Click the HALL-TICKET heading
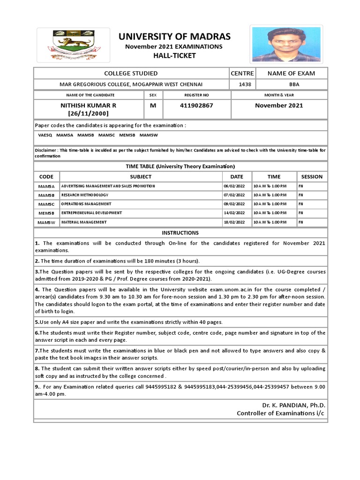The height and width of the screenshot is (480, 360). pos(173,56)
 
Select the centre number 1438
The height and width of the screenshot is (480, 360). pos(242,84)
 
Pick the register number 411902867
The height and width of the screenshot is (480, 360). pos(196,105)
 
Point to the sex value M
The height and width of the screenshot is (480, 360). pos(152,105)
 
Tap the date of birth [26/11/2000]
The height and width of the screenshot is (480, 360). pos(89,113)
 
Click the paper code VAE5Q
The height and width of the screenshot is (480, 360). pos(45,135)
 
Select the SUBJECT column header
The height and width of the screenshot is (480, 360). pos(141,177)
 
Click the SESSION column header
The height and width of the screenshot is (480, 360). pos(312,177)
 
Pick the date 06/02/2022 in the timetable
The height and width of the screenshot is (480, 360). pos(234,187)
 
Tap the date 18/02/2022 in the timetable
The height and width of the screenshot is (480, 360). pos(234,222)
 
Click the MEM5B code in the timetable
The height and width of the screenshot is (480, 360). pos(46,213)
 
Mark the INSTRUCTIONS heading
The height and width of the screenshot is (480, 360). pos(180,233)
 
